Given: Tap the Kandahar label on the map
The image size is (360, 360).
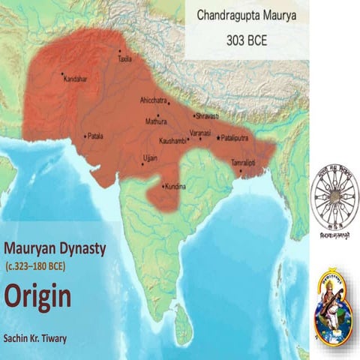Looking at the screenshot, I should click(76, 79).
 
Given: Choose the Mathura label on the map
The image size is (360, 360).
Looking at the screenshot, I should click(157, 120).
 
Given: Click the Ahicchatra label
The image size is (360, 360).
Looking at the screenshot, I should click(154, 100).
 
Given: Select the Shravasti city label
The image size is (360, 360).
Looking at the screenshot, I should click(207, 117).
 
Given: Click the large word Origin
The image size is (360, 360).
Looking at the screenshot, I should click(37, 296).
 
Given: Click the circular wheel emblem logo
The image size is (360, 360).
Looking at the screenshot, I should click(334, 199).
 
